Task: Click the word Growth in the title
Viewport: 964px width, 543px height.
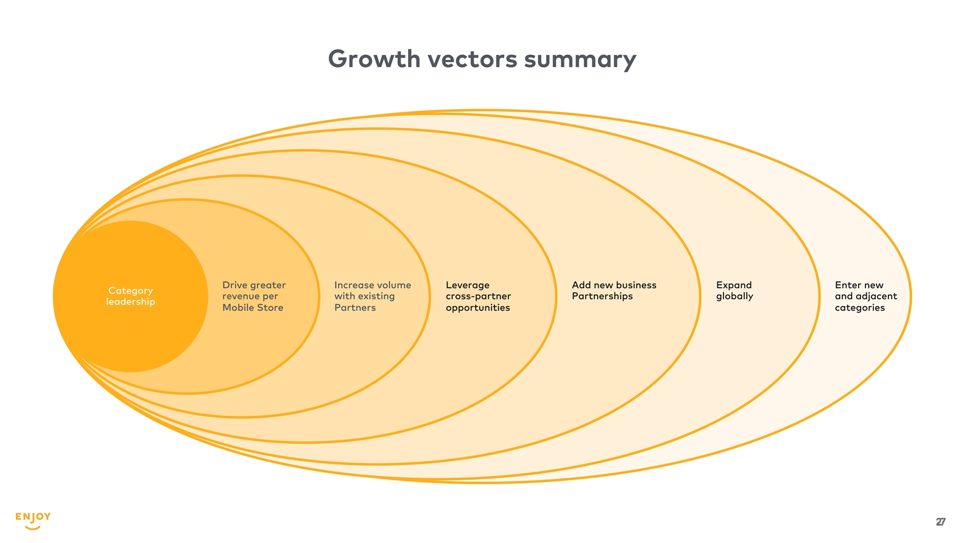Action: coord(374,59)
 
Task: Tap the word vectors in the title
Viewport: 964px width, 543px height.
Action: coord(473,59)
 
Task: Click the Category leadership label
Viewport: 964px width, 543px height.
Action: coord(130,296)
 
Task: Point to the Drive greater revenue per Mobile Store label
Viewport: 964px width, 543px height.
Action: coord(254,296)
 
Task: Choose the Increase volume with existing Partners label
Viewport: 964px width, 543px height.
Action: coord(372,296)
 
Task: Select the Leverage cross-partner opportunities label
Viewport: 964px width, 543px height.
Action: coord(478,296)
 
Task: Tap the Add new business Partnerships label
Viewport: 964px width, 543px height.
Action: coord(614,291)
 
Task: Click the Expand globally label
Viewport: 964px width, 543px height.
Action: coord(734,291)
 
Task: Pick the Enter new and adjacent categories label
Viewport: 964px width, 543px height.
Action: coord(865,296)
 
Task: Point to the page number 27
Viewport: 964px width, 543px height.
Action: coord(940,522)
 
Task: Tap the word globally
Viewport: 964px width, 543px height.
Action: coord(734,297)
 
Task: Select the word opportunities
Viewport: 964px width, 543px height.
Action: coord(478,308)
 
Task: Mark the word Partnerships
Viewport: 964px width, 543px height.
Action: coord(602,297)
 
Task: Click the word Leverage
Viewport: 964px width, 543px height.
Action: coord(468,285)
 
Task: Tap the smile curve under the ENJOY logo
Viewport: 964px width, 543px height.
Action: coord(33,527)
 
